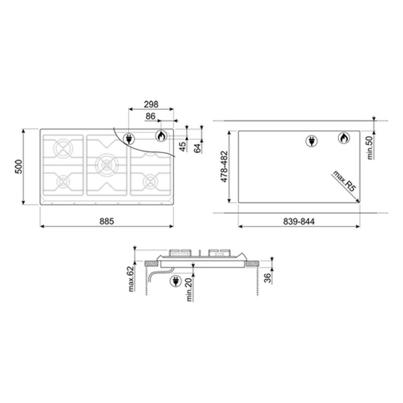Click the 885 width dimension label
pyautogui.click(x=107, y=221)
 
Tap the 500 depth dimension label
pyautogui.click(x=19, y=167)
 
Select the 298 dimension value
pyautogui.click(x=151, y=104)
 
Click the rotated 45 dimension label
pyautogui.click(x=183, y=146)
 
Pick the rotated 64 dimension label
pyautogui.click(x=197, y=148)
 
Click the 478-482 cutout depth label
pyautogui.click(x=225, y=167)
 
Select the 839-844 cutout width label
pyautogui.click(x=299, y=221)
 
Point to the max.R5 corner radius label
pyautogui.click(x=344, y=181)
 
